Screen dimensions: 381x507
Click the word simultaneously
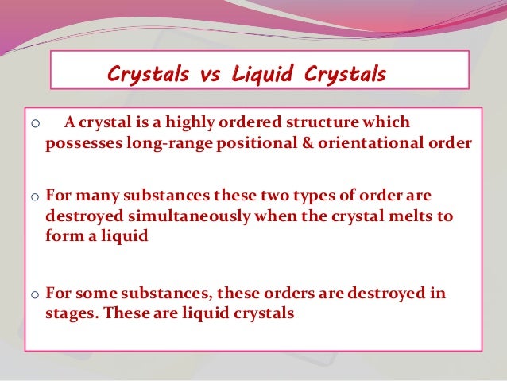(x=177, y=216)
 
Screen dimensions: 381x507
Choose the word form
(x=63, y=236)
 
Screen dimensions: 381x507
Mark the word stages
(x=72, y=313)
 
